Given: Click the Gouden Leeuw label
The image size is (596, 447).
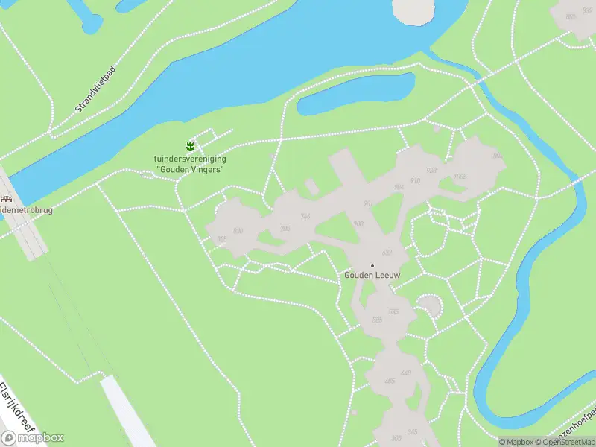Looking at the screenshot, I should (x=372, y=276).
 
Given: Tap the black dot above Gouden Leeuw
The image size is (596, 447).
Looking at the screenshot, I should (x=372, y=265).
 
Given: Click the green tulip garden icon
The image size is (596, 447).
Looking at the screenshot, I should (x=190, y=145).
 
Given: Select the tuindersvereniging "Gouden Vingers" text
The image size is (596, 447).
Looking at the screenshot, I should (x=190, y=164).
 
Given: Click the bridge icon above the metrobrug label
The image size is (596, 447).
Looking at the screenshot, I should (x=7, y=200).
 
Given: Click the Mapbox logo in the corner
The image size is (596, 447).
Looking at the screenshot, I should (x=34, y=437).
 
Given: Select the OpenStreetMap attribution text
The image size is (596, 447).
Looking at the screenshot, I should (x=562, y=442).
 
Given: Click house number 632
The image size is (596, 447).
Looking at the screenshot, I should (x=387, y=253).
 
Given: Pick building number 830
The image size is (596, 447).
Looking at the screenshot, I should (x=238, y=231).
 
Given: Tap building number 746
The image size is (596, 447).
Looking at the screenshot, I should (x=305, y=216).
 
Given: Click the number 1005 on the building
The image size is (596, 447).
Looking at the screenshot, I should (x=460, y=177).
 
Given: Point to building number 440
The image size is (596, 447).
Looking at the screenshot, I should (x=405, y=372).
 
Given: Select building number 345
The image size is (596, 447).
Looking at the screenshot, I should (x=413, y=432).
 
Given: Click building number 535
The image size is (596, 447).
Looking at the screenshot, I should (x=393, y=311).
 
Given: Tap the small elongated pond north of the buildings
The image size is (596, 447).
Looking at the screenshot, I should (x=356, y=95).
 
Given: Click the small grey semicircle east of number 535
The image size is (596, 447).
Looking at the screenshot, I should (x=428, y=305).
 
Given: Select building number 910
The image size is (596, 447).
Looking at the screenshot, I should (x=415, y=180).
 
